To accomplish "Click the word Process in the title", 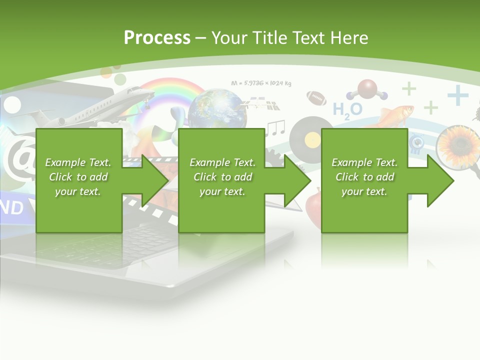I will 157,38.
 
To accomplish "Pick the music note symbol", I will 274,128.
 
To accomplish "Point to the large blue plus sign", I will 457,95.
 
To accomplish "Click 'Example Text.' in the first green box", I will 78,162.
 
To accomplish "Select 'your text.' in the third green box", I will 364,191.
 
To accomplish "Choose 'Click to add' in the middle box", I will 222,176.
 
